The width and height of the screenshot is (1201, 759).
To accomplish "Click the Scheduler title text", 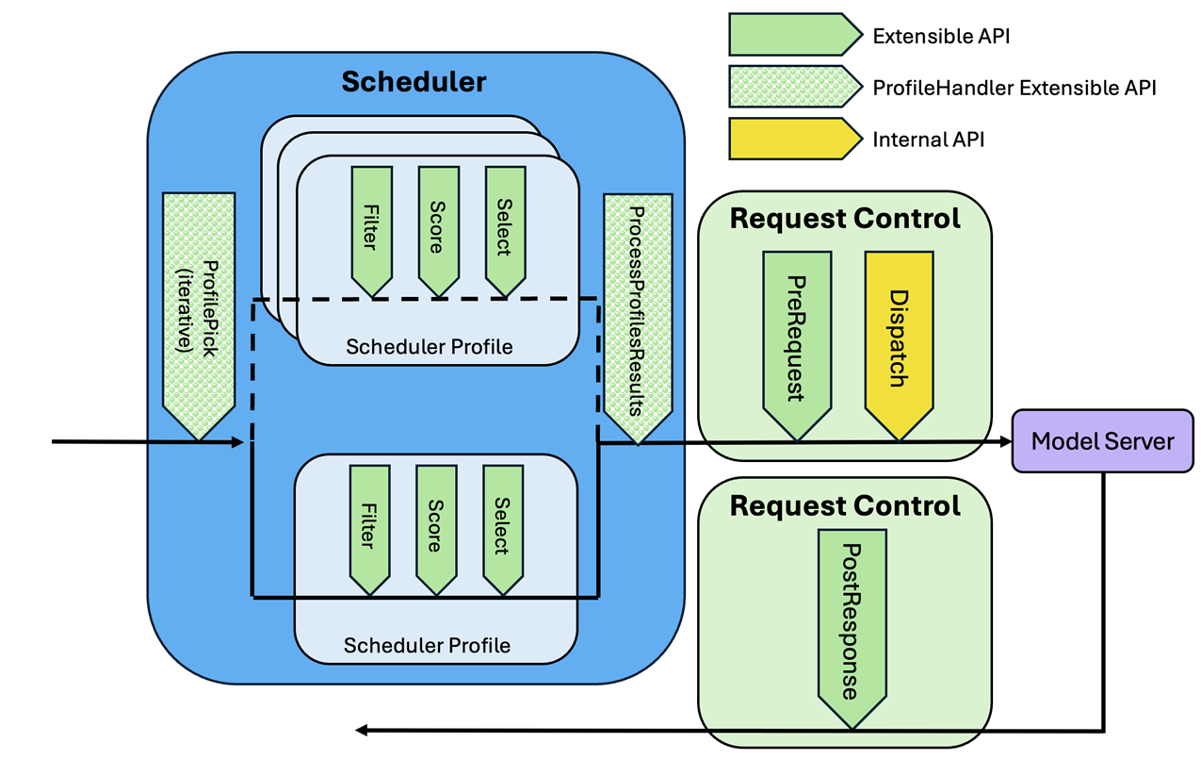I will pos(414,82).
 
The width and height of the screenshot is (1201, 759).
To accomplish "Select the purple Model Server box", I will pos(1102,440).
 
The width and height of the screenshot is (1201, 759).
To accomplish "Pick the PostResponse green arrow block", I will pos(852,622).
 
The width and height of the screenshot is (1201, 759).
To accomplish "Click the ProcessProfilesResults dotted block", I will pos(638,311).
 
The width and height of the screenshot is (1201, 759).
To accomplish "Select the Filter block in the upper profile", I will pos(371,227).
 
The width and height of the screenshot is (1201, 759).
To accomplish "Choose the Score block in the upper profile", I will pos(438,227).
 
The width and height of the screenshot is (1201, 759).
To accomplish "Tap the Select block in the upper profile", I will pos(505,227).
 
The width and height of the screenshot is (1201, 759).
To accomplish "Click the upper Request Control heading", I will pos(845,219).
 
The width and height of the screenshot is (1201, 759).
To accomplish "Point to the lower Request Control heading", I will pos(845,506).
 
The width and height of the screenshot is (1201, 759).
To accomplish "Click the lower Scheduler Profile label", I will pos(427,646).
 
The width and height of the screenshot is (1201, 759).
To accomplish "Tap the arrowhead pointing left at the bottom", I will pos(361,730).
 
